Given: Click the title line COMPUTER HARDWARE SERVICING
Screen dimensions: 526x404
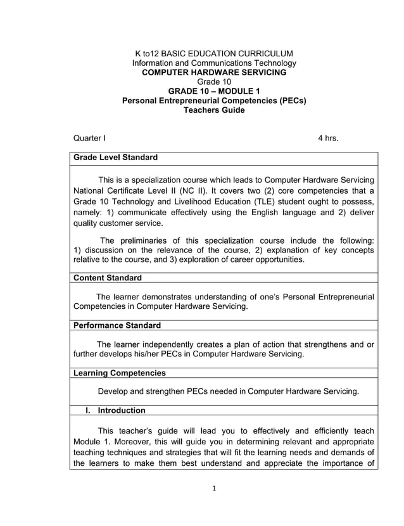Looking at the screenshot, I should [x=214, y=73].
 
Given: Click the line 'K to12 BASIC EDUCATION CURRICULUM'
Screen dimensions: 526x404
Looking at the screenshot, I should [x=214, y=53].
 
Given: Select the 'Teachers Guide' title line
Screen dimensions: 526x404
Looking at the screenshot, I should [x=214, y=110].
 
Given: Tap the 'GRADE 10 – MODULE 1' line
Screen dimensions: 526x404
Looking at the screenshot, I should [x=214, y=91].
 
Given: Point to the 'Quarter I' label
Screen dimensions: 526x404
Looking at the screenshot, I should [x=90, y=138].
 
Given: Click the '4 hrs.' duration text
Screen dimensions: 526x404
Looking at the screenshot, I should [x=327, y=138].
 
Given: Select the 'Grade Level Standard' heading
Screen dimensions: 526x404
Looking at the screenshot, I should [x=115, y=157].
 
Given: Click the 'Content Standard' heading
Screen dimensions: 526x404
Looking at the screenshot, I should [x=108, y=278].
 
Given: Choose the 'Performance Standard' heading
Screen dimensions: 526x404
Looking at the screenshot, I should [x=117, y=325].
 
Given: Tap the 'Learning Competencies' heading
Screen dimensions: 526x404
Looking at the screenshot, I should [x=120, y=373].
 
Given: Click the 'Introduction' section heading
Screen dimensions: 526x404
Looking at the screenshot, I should [x=122, y=410].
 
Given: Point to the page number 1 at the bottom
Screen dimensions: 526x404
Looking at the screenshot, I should [x=215, y=506].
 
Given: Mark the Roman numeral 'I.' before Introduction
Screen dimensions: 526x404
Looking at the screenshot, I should [x=89, y=410].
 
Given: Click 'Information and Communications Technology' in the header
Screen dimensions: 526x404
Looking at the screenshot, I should [x=214, y=63].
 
